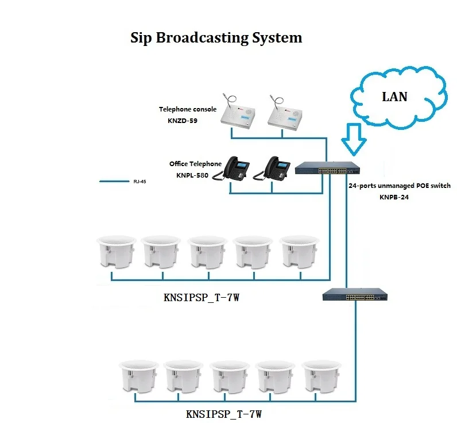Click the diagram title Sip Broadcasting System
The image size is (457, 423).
pyautogui.click(x=216, y=38)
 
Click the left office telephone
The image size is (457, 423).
pyautogui.click(x=236, y=168)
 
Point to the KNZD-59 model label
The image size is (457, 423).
pyautogui.click(x=175, y=121)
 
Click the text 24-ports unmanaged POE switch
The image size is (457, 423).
pyautogui.click(x=400, y=186)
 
